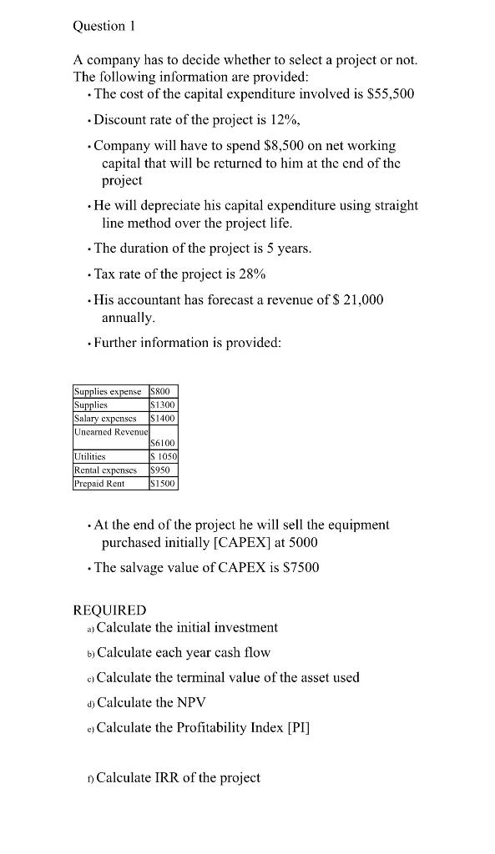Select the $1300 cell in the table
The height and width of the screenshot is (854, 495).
click(162, 404)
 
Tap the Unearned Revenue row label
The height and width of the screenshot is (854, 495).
click(110, 431)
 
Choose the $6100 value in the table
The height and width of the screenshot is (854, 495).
click(162, 444)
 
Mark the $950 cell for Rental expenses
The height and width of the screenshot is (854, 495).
click(159, 470)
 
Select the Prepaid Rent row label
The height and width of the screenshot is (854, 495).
click(98, 483)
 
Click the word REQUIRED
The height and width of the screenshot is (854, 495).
click(109, 610)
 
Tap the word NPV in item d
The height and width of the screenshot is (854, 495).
click(189, 702)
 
